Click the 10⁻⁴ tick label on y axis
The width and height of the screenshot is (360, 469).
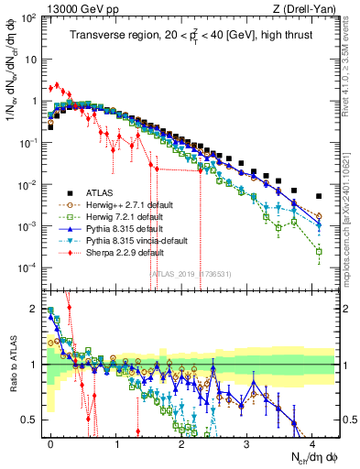(x=29, y=267)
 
